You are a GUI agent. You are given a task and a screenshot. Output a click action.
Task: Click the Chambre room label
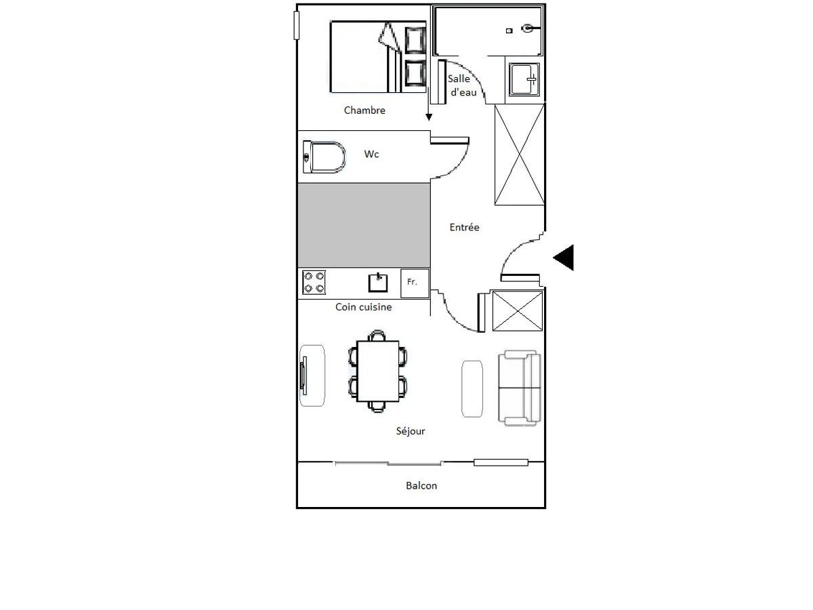[x=364, y=110]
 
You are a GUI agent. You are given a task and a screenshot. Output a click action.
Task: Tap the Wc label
[x=371, y=154]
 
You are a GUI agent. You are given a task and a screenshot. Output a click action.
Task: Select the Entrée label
[x=464, y=227]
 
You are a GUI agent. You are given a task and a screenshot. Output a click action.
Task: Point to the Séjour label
[x=410, y=431]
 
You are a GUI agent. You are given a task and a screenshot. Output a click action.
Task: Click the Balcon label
[x=421, y=485]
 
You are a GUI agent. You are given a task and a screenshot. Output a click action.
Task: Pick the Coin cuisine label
[x=363, y=307]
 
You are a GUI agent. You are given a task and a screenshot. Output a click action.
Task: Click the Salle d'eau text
[x=462, y=85]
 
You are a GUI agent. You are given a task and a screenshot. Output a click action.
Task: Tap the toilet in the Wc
[x=324, y=157]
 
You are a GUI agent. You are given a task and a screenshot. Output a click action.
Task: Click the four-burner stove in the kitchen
[x=314, y=282]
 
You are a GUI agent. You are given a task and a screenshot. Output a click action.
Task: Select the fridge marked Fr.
[x=415, y=283]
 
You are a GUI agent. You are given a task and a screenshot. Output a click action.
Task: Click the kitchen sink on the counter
[x=378, y=283]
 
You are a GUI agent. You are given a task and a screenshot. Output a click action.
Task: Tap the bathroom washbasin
[x=524, y=79]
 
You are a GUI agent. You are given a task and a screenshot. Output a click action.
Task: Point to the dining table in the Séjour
[x=378, y=371]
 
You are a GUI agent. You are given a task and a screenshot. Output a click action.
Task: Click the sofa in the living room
[x=520, y=388]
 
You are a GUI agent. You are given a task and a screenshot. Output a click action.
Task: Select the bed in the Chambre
[x=378, y=57]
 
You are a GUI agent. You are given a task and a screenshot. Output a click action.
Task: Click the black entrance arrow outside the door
[x=564, y=258]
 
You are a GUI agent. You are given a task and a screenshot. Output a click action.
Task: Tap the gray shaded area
[x=364, y=225]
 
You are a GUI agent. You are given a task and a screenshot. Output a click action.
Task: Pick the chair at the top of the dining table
[x=377, y=335]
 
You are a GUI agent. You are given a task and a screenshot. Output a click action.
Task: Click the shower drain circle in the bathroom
[x=526, y=28]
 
